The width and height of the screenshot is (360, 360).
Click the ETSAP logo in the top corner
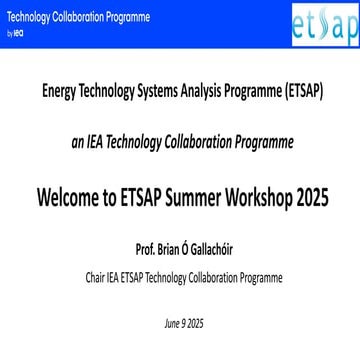pos(327,23)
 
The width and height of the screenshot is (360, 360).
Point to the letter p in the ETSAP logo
pos(348,26)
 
